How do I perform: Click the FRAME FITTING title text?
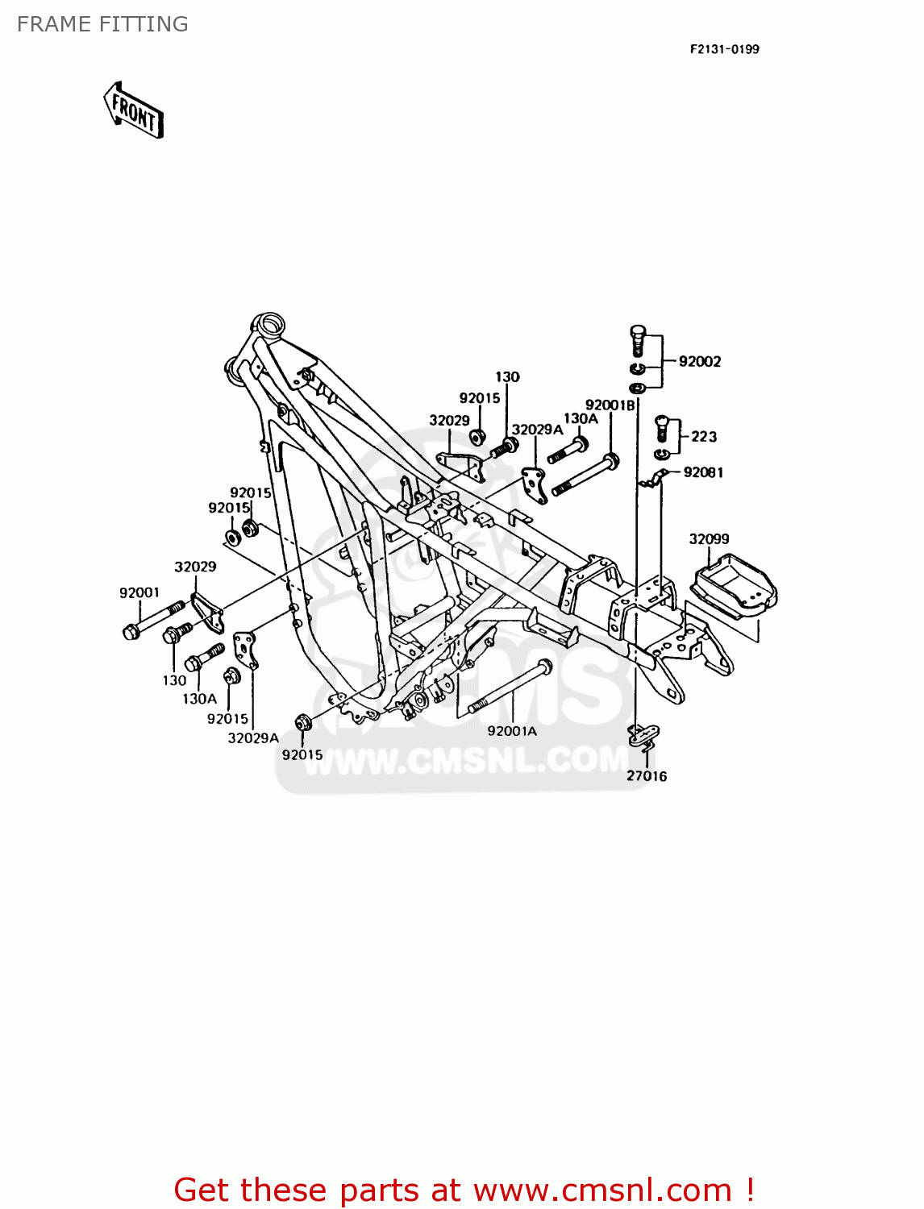coord(102,24)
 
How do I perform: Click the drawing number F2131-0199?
coord(724,49)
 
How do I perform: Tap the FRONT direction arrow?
coord(134,110)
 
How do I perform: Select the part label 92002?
coord(699,362)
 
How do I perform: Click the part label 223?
coord(703,437)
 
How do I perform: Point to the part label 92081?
coord(703,473)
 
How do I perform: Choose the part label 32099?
coord(709,539)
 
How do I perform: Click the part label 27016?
coord(647,776)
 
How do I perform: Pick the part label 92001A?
coord(511,731)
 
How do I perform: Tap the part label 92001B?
coord(610,405)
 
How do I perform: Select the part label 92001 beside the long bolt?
coord(139,593)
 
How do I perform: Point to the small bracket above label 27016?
coord(643,733)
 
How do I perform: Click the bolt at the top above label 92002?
coord(637,339)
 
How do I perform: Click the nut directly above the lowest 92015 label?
coord(303,722)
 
